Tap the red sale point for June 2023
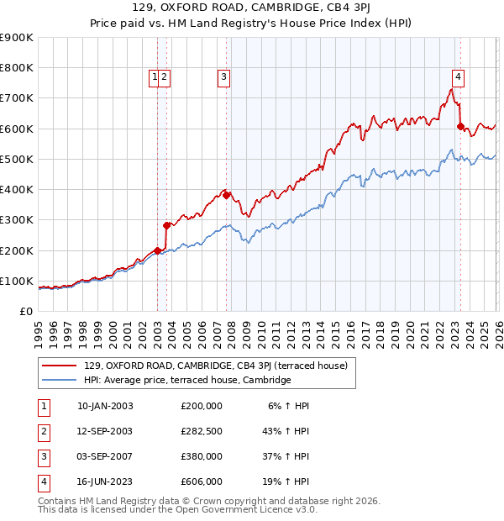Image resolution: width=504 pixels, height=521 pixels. point(460,127)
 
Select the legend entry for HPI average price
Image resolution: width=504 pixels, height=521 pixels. point(186,380)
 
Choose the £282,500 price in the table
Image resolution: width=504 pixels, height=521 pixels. point(202,431)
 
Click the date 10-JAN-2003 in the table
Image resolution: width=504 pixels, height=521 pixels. point(105,406)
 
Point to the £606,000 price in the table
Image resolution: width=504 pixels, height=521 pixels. point(202,482)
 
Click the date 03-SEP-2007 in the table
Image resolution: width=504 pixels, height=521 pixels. point(105,456)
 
